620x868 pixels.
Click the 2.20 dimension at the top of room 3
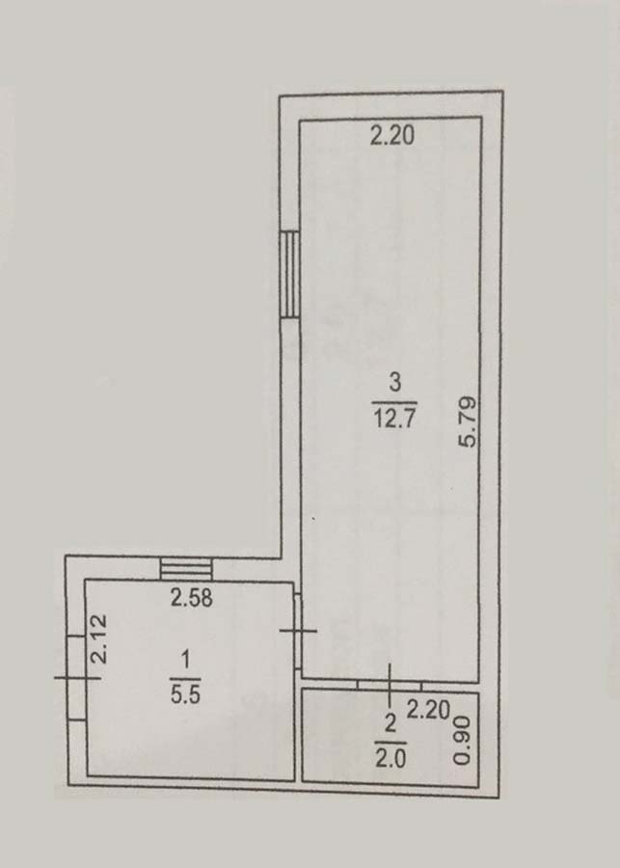click(x=391, y=136)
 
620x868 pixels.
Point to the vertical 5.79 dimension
click(x=468, y=421)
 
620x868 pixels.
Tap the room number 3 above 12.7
click(x=394, y=383)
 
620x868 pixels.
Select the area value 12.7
click(x=394, y=419)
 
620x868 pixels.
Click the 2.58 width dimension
click(x=192, y=598)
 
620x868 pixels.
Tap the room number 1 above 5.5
click(x=186, y=660)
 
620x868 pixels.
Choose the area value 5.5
click(x=185, y=694)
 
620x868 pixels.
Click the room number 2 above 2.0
click(x=391, y=724)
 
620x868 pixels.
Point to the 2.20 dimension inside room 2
click(x=428, y=710)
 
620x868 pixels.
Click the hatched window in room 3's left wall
click(x=289, y=275)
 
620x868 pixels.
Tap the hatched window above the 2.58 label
click(x=186, y=569)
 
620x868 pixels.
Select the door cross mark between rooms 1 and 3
click(x=298, y=630)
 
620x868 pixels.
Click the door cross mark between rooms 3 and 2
click(x=390, y=686)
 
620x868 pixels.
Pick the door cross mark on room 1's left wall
click(x=77, y=678)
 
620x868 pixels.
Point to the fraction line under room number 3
click(x=394, y=402)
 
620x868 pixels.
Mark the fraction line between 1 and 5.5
click(x=185, y=678)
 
